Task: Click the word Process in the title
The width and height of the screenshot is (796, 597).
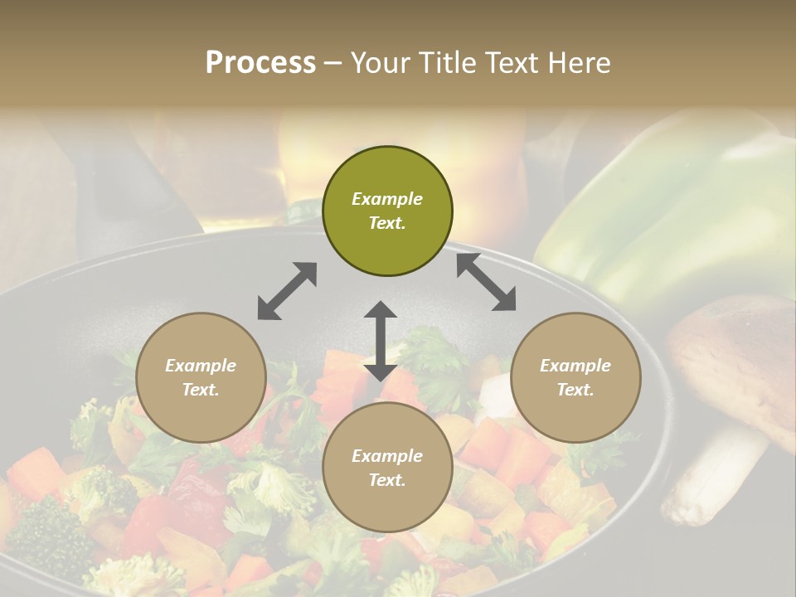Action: tap(260, 63)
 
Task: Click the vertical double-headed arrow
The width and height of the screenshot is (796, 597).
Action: tap(381, 341)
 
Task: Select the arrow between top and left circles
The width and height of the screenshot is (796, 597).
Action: tap(287, 291)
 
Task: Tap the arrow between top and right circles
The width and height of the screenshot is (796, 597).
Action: tap(486, 283)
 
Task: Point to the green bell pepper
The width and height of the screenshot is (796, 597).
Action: tap(672, 207)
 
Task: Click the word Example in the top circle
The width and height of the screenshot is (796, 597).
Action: tap(387, 199)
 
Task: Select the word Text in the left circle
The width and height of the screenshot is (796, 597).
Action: tap(200, 390)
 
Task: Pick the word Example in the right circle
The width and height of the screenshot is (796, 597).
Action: tap(575, 366)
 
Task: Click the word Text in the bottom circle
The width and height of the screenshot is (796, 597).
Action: tap(386, 480)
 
